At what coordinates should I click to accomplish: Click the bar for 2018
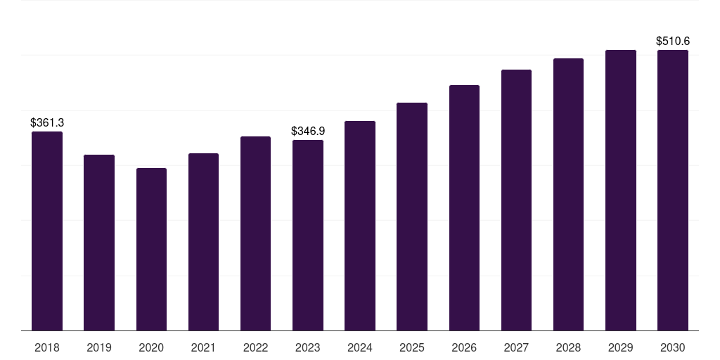click(47, 231)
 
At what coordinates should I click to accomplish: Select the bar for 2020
click(152, 250)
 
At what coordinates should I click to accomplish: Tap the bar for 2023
click(308, 235)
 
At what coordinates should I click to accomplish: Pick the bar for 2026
click(464, 207)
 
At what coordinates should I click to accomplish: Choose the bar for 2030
click(673, 190)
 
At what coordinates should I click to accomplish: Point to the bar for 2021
click(203, 242)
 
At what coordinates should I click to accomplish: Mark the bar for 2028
click(568, 194)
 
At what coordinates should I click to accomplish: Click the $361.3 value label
click(47, 122)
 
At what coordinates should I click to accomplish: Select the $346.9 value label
click(308, 131)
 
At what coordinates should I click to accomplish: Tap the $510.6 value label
click(673, 41)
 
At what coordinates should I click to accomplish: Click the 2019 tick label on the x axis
click(99, 347)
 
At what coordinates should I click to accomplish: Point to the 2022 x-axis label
click(255, 347)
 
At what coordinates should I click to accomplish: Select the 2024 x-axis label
click(360, 347)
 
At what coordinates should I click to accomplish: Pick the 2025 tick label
click(412, 347)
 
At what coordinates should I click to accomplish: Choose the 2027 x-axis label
click(516, 347)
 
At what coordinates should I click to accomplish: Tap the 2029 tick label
click(620, 347)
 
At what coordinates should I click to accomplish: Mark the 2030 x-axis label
click(673, 347)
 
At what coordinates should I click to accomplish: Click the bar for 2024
click(360, 226)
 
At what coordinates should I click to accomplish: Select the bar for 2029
click(621, 190)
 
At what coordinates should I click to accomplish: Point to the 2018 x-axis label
click(47, 347)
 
